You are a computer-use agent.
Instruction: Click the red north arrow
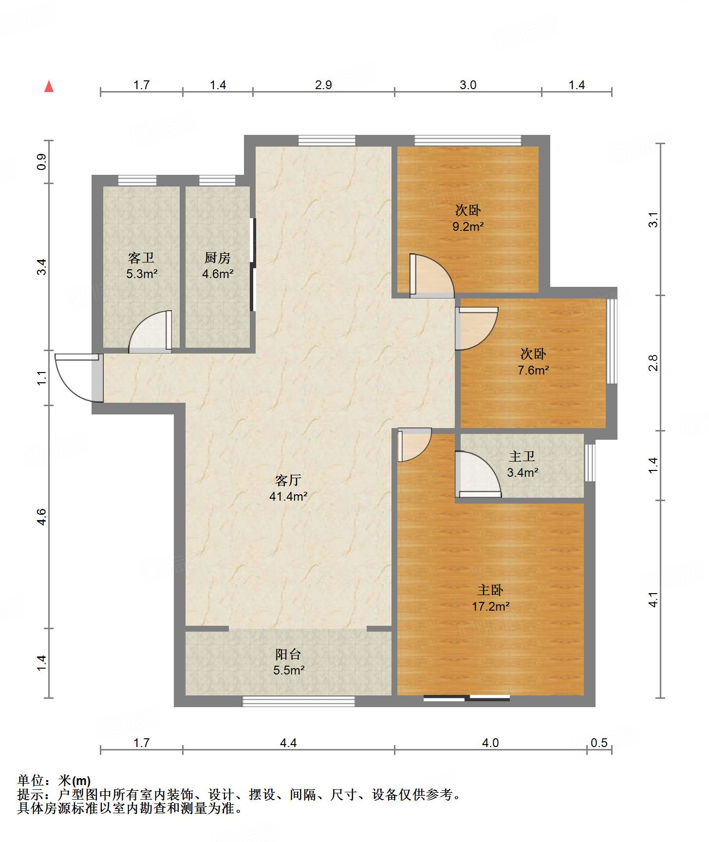(49, 86)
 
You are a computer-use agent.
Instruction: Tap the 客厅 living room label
(288, 481)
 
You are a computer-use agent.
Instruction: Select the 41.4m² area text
(288, 497)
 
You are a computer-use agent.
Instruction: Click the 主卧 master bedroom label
(490, 590)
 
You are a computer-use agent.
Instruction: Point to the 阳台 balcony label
(288, 654)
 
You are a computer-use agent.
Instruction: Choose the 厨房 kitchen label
(218, 258)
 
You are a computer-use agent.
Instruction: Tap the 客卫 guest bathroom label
(141, 258)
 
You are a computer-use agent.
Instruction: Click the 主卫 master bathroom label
(522, 456)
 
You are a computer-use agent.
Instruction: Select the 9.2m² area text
(468, 226)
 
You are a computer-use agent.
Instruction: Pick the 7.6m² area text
(533, 370)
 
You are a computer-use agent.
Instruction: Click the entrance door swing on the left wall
(78, 378)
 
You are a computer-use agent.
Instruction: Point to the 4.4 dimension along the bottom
(288, 743)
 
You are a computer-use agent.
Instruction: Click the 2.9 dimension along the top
(323, 85)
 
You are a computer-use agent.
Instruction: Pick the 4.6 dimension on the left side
(42, 516)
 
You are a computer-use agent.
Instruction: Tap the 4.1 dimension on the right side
(653, 599)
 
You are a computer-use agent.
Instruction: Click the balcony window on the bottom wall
(299, 702)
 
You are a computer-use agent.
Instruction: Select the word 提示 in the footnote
(30, 795)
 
